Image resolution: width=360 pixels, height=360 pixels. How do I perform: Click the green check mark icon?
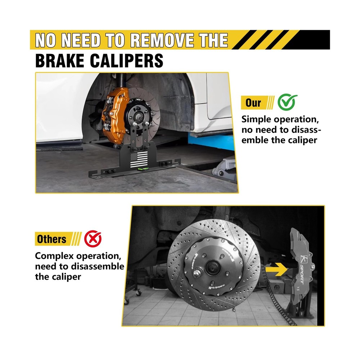[287, 102]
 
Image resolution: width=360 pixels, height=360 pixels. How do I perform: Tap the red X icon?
[93, 239]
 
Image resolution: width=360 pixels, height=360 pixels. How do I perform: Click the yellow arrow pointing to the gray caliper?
[276, 269]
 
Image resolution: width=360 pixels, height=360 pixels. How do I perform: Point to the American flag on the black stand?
[139, 159]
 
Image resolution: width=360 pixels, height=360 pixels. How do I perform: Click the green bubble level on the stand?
[143, 170]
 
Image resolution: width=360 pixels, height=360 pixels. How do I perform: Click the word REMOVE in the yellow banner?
[163, 40]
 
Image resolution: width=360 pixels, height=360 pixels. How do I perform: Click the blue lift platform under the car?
[211, 141]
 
